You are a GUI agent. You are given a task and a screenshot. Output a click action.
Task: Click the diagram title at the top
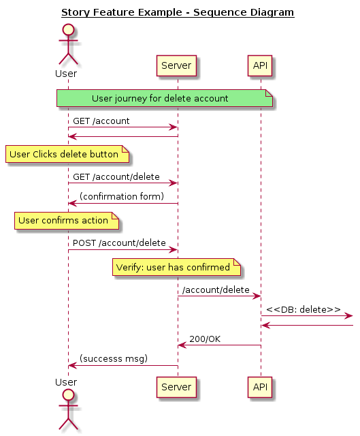[x=178, y=12]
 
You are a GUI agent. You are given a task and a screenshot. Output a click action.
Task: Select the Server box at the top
[x=176, y=65]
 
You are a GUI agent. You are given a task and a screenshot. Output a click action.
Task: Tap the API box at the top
[x=260, y=65]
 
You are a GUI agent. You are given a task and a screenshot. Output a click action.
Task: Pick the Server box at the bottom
[x=176, y=387]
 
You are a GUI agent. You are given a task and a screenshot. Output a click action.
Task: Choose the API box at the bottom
[x=260, y=387]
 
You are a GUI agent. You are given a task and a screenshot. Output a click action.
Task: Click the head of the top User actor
[x=68, y=30]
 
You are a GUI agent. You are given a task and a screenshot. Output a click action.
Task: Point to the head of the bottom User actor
[x=68, y=395]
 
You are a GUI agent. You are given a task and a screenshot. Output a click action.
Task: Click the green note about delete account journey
[x=165, y=98]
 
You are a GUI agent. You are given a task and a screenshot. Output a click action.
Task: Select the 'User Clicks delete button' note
[x=67, y=154]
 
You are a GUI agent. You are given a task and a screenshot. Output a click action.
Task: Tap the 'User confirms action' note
[x=67, y=221]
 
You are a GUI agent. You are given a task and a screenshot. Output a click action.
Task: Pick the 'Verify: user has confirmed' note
[x=176, y=267]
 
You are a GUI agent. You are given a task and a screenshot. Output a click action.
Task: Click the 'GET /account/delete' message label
[x=116, y=177]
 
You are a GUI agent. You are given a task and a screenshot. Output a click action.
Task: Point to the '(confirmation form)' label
[x=122, y=196]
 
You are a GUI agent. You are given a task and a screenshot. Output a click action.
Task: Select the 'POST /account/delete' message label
[x=119, y=243]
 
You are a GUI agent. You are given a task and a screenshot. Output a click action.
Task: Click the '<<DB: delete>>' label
[x=304, y=309]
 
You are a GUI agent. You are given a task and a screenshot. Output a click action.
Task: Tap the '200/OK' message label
[x=205, y=339]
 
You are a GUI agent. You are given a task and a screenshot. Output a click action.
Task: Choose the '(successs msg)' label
[x=114, y=359]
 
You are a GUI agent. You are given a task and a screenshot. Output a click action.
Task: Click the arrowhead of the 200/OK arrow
[x=182, y=345]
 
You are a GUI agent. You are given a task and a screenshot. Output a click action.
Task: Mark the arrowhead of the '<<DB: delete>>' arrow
[x=349, y=316]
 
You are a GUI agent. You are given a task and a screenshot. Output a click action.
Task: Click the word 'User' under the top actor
[x=66, y=74]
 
